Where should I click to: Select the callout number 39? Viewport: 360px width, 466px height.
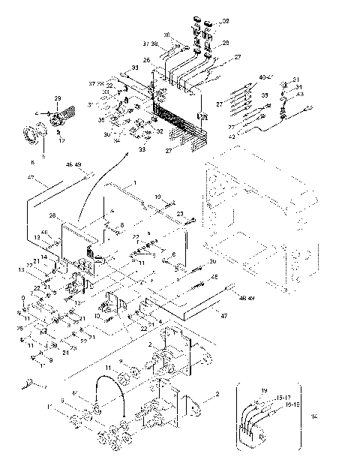coord(263,97)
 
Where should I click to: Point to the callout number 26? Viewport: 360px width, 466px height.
coord(147,60)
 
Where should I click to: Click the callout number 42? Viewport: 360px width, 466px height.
coord(253,136)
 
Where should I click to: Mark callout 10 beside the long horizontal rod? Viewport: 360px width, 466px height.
coord(158,197)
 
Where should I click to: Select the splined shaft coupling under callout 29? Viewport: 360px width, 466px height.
coord(60,119)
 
